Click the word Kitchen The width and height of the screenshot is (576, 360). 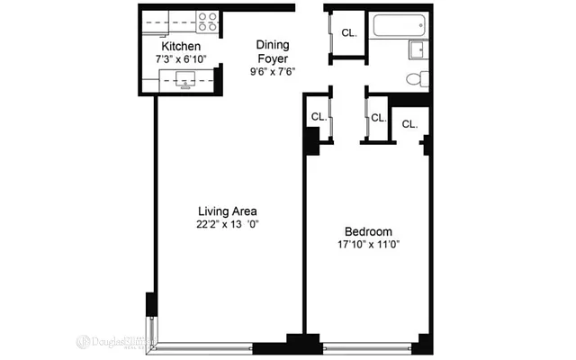[x=180, y=47]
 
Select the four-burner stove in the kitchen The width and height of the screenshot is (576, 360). [x=208, y=22]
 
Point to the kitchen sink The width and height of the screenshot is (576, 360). [x=188, y=83]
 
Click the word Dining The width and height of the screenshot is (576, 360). [x=272, y=44]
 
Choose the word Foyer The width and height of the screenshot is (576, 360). [x=272, y=58]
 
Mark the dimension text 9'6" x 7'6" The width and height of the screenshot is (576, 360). [x=272, y=71]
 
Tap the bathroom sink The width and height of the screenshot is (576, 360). [x=418, y=49]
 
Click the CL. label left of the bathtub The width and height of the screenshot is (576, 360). [x=348, y=33]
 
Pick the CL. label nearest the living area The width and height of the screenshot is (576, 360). [x=319, y=116]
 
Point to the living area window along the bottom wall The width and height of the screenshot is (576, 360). [x=205, y=346]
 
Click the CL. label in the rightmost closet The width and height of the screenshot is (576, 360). [x=409, y=123]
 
